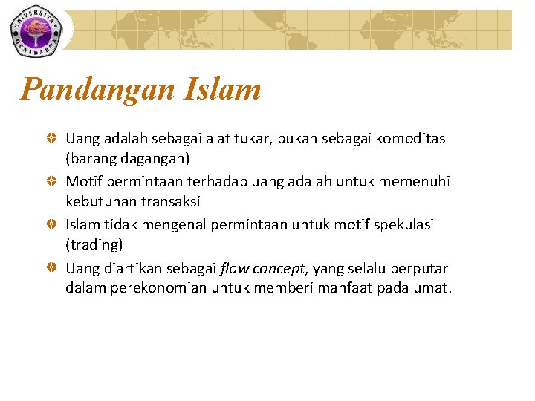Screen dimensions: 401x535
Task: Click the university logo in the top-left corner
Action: point(36,30)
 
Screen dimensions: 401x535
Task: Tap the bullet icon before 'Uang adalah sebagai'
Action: point(51,139)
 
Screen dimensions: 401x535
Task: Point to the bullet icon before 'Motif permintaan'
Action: point(51,182)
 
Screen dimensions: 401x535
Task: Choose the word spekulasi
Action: point(405,224)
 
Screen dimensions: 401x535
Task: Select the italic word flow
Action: point(234,267)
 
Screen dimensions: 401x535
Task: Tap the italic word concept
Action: point(278,268)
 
